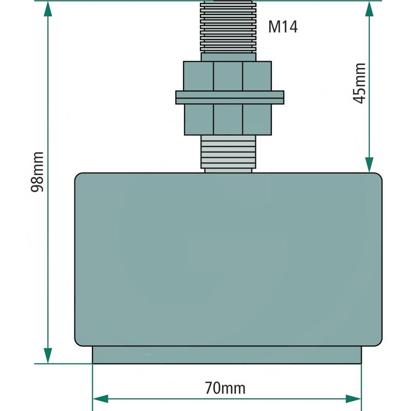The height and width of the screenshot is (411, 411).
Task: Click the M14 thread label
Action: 283,27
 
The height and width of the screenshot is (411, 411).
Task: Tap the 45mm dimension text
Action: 360,83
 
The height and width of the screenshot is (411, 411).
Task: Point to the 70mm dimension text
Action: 225,388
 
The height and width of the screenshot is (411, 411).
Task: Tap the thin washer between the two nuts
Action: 229,95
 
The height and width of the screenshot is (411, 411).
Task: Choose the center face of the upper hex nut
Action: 228,76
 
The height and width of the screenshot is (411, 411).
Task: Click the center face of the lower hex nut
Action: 228,120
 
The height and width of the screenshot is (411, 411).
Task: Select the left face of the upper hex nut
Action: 198,76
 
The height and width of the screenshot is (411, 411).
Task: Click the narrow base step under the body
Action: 227,354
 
